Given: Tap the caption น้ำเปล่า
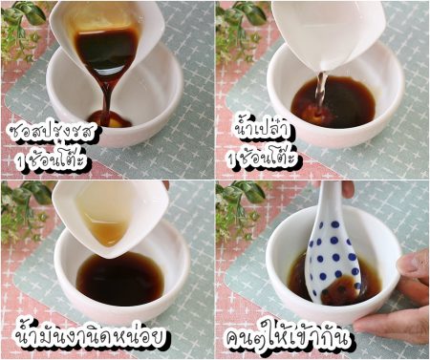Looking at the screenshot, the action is point(262,128).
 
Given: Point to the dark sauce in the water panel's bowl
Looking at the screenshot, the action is point(333,102).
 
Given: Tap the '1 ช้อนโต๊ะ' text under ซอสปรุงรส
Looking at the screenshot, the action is point(53,159).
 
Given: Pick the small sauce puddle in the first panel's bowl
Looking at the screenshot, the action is point(110,119).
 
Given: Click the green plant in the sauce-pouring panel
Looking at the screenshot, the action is point(22,31).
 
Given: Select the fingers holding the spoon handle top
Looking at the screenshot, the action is point(347,188).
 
